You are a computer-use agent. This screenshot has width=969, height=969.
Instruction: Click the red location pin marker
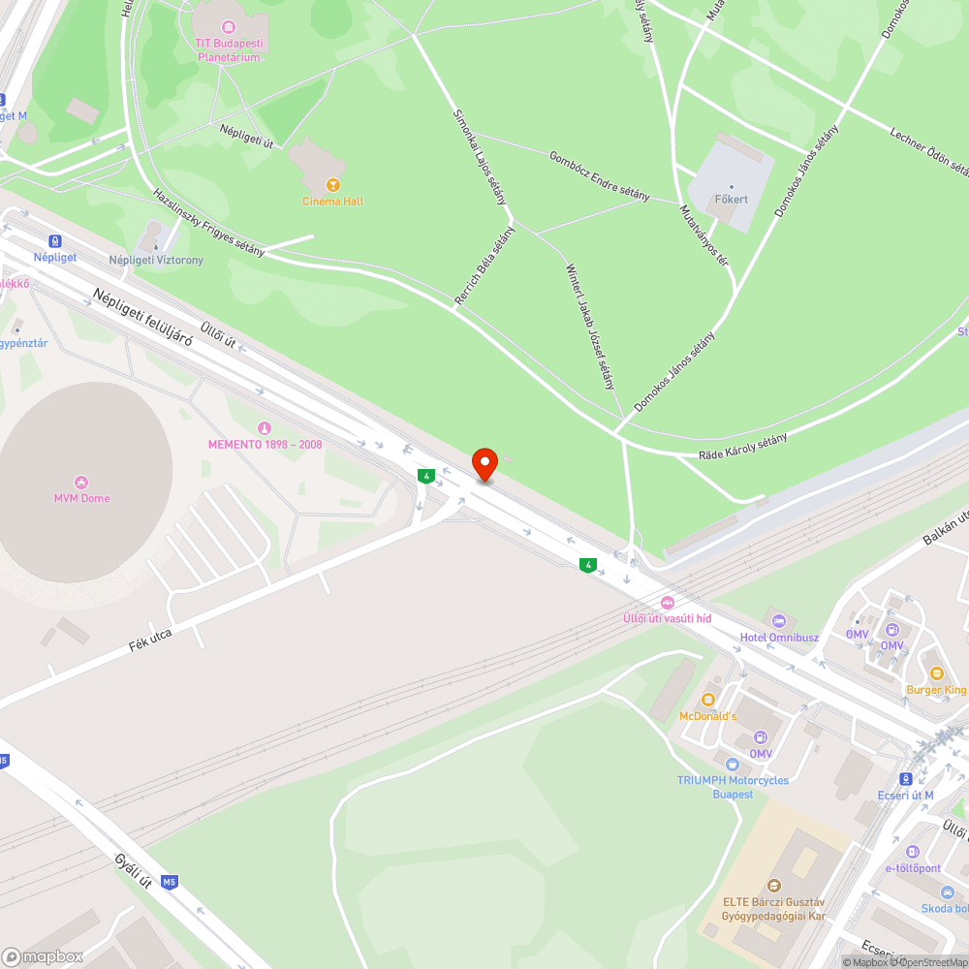[484, 463]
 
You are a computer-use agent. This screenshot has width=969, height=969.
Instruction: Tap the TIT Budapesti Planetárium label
[230, 50]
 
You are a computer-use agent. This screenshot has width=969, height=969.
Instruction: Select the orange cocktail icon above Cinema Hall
[333, 184]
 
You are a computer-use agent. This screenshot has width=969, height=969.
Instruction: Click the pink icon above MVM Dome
[81, 482]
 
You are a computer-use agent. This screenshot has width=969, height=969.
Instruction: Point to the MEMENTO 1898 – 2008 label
[265, 445]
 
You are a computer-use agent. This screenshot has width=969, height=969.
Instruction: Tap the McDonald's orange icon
[707, 700]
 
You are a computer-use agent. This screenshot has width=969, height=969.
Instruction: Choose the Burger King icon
[936, 673]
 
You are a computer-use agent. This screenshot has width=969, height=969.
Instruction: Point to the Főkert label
[732, 199]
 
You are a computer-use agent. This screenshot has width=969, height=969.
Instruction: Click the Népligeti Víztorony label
[156, 261]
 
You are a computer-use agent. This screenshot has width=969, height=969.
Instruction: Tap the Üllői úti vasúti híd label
[667, 618]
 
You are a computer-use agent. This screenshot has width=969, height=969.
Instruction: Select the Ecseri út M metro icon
[906, 778]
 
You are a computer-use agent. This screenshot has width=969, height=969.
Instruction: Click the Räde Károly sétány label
[743, 447]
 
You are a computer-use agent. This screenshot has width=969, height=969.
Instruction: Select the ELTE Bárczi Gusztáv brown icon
[773, 885]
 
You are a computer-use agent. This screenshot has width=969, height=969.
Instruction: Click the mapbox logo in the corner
[43, 955]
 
